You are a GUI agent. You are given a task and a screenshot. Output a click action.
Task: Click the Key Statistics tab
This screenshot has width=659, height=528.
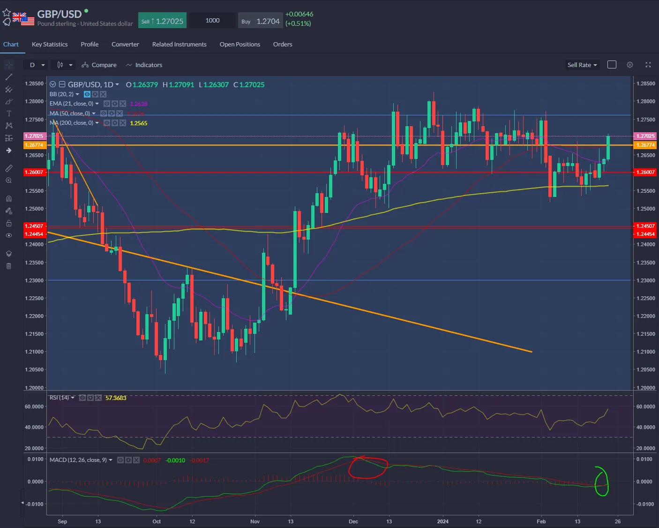50,44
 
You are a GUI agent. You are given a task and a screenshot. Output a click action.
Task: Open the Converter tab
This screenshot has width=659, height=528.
125,44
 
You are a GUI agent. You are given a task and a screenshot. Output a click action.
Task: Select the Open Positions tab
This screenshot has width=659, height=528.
240,44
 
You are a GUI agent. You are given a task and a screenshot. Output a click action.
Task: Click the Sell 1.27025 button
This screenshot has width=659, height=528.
163,21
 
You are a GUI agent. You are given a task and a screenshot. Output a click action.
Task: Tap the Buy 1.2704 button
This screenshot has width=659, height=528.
260,21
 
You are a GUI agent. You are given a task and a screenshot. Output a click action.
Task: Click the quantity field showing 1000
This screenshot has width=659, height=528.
212,20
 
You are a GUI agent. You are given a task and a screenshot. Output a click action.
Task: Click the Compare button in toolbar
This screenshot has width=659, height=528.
99,65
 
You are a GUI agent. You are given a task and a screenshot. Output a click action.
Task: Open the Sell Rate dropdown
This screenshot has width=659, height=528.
582,65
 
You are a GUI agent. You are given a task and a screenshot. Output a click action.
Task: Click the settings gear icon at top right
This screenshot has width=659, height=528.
630,65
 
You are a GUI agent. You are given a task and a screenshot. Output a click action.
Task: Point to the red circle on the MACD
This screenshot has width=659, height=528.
368,468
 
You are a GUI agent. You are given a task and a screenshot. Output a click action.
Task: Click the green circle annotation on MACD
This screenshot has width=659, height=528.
601,481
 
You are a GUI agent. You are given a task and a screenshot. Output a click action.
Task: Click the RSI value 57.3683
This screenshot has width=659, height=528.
116,398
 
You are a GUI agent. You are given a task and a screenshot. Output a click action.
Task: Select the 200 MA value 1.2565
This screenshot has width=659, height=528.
139,123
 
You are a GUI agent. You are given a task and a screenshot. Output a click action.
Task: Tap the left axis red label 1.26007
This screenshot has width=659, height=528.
34,172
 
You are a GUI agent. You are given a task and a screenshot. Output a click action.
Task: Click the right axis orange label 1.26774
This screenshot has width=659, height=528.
645,145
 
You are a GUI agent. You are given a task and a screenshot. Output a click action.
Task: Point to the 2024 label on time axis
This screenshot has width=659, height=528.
442,521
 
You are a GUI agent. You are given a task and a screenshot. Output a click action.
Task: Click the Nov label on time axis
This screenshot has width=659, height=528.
255,521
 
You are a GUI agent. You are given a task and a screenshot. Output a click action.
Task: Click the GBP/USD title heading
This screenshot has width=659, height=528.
60,14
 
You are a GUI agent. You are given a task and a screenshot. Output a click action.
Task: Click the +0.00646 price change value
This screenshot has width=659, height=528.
299,14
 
